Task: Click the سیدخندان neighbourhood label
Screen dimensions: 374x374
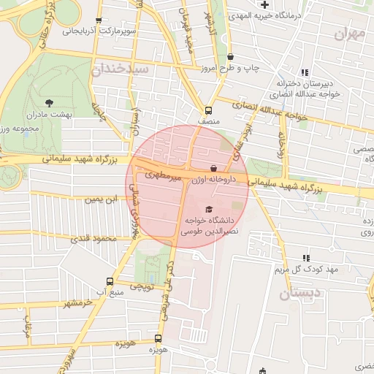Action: coord(120,69)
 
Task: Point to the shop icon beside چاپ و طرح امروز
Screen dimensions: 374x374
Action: coord(232,56)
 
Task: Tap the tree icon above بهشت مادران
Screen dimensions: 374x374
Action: coord(49,103)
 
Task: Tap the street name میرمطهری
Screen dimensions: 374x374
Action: coord(160,176)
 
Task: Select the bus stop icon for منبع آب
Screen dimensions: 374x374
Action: coord(110,281)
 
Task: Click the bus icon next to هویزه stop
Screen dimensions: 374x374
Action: coord(158,338)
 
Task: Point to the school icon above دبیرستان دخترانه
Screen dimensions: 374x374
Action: coord(305,73)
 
